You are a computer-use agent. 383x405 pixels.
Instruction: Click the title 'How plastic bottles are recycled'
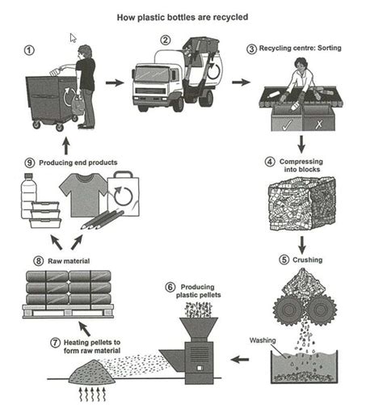tap(191, 16)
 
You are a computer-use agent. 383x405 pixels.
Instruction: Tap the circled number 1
tap(30, 49)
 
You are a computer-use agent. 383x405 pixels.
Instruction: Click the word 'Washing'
tap(264, 340)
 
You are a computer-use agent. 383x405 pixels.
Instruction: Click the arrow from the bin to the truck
tap(116, 82)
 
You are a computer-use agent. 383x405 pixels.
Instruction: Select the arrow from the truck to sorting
tap(241, 82)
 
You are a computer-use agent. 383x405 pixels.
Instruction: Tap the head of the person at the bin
tap(85, 52)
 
